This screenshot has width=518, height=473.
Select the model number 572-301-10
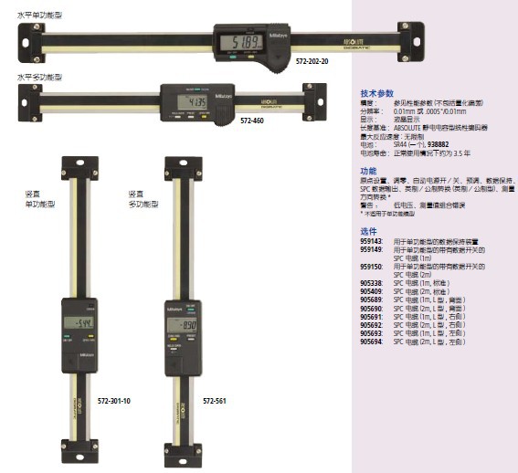[114, 400]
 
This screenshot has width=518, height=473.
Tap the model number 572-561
[215, 400]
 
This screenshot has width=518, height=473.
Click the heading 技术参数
[376, 94]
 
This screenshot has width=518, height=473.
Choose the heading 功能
[367, 171]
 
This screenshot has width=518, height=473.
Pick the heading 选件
[368, 231]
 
